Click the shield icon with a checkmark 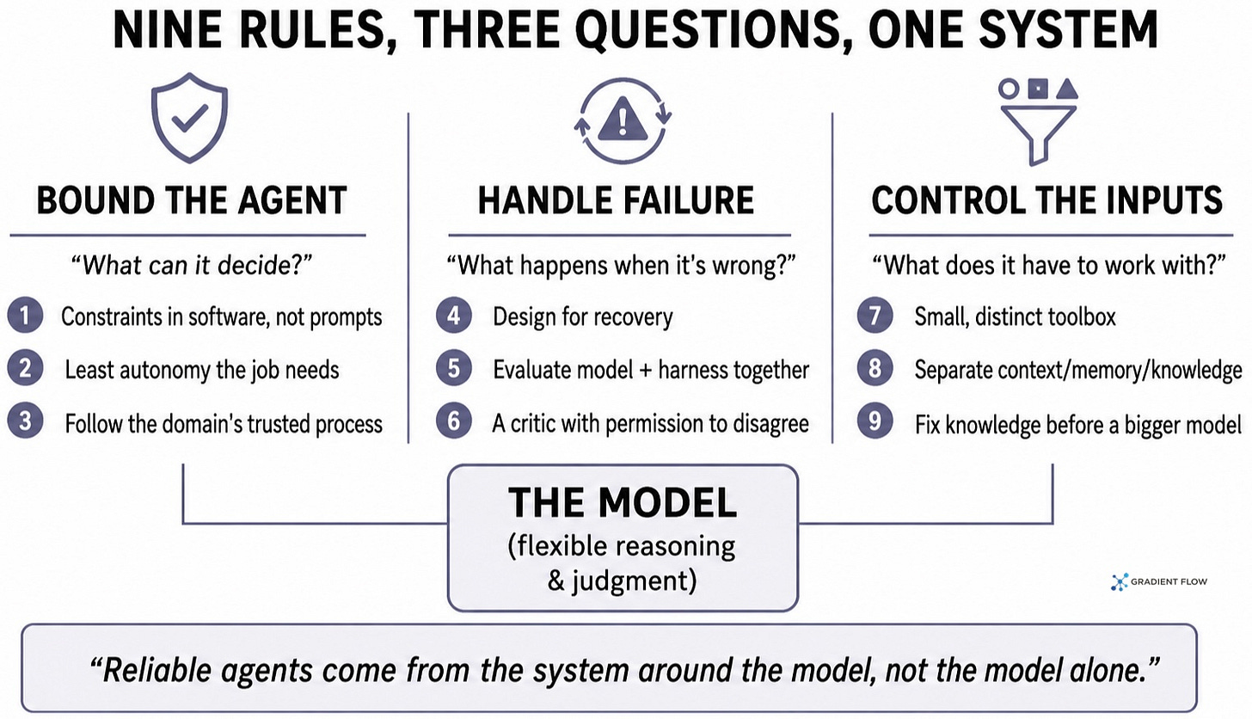coord(189,118)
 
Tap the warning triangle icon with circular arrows coord(623,120)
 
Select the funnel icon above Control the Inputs coord(1038,135)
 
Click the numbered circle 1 coord(25,316)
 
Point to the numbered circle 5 coord(454,368)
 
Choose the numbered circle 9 coord(875,421)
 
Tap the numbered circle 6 coord(454,421)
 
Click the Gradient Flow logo coord(1159,582)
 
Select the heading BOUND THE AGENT coord(192,200)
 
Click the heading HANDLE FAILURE coord(616,200)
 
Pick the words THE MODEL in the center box coord(623,502)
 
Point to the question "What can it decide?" coord(191,264)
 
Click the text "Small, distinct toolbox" coord(1015,316)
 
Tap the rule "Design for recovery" coord(583,316)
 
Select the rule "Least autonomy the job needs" coord(202,370)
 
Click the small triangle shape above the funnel coord(1067,89)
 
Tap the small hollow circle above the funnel coord(1009,89)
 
